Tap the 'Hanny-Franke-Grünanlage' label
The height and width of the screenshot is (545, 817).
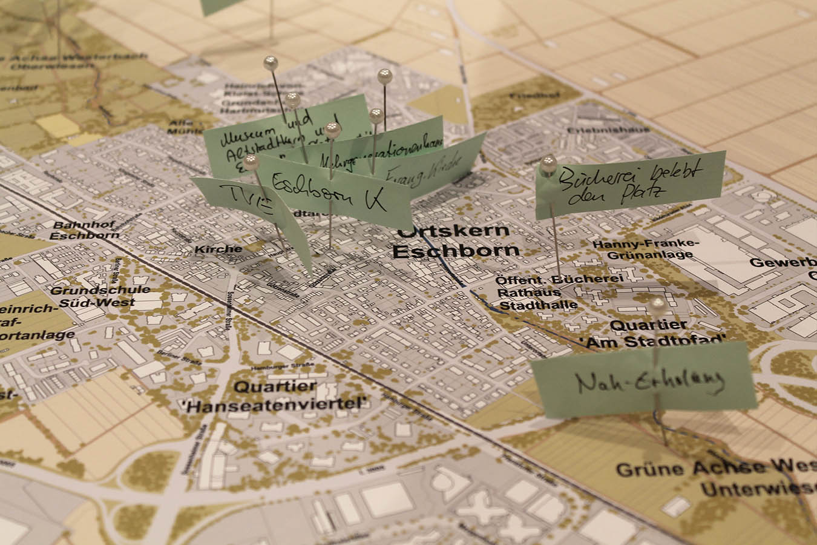645,249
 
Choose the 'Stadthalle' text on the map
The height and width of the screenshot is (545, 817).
537,305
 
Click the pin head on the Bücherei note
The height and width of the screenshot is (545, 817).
548,163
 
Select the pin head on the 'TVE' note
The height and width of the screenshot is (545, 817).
251,161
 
